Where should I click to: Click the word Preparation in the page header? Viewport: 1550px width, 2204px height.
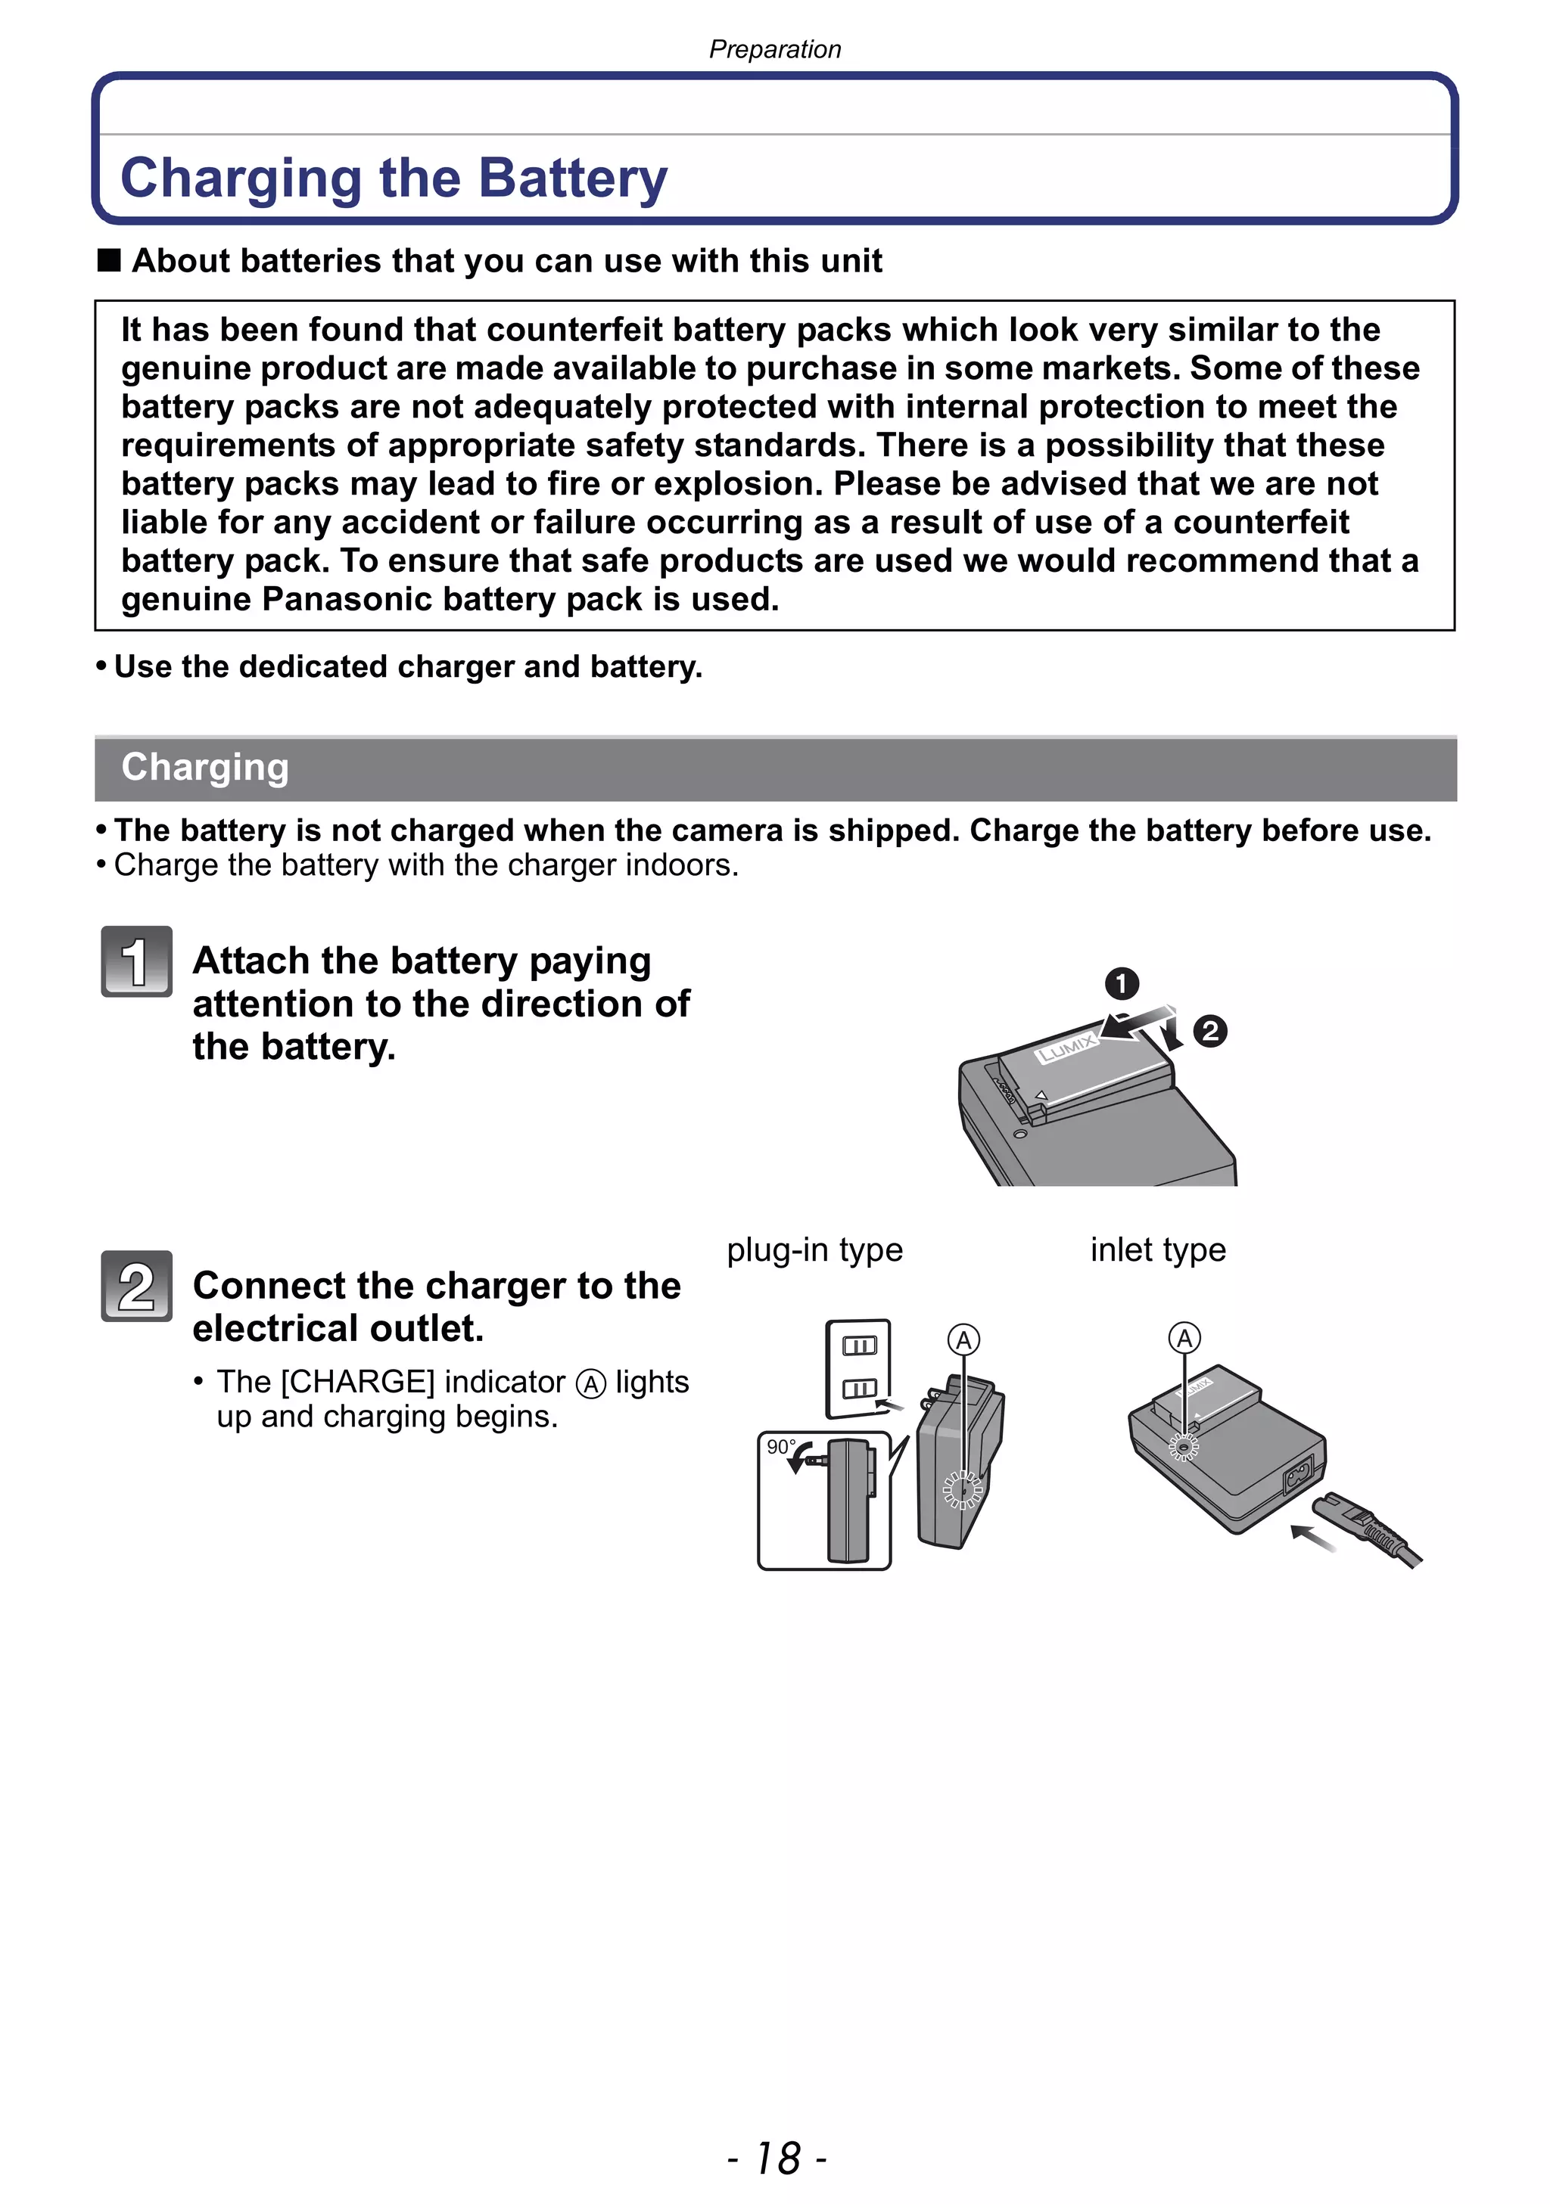click(x=774, y=49)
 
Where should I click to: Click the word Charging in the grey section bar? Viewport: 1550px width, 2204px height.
click(x=204, y=767)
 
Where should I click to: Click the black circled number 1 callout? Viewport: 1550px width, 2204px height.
click(x=1121, y=984)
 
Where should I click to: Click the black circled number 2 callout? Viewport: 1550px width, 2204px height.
click(x=1210, y=1031)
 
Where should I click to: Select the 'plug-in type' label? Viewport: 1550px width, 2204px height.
click(x=814, y=1249)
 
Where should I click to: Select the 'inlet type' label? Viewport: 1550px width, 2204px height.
click(x=1157, y=1249)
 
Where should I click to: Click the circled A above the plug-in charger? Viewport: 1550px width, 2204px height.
click(x=963, y=1339)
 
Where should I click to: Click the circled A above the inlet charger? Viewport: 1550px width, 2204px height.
click(x=1184, y=1337)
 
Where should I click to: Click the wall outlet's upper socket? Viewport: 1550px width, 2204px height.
click(x=858, y=1346)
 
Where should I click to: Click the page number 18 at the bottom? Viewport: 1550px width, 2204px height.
click(x=777, y=2158)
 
